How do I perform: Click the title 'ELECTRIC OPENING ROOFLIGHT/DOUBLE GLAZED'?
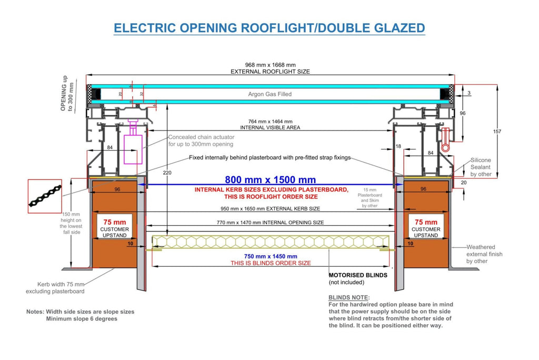(269, 28)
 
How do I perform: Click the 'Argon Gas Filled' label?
(270, 94)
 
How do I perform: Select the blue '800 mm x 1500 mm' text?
(270, 179)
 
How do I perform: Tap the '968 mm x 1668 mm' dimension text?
(270, 65)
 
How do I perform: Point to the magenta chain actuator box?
(133, 149)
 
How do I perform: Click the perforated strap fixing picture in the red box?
(45, 196)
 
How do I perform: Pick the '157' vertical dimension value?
(497, 132)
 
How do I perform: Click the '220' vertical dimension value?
(167, 173)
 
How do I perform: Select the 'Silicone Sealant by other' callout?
(481, 167)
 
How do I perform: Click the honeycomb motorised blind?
(271, 242)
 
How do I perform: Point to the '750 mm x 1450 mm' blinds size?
(271, 256)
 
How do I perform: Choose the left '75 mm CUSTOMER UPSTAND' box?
(115, 226)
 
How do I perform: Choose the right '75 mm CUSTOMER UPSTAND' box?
(426, 226)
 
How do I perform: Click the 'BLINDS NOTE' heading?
(349, 297)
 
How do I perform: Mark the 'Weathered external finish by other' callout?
(484, 254)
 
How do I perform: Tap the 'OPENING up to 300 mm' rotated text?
(67, 93)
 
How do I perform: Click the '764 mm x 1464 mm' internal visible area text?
(270, 122)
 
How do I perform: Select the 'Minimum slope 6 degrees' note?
(82, 319)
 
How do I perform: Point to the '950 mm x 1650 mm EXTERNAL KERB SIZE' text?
(270, 209)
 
